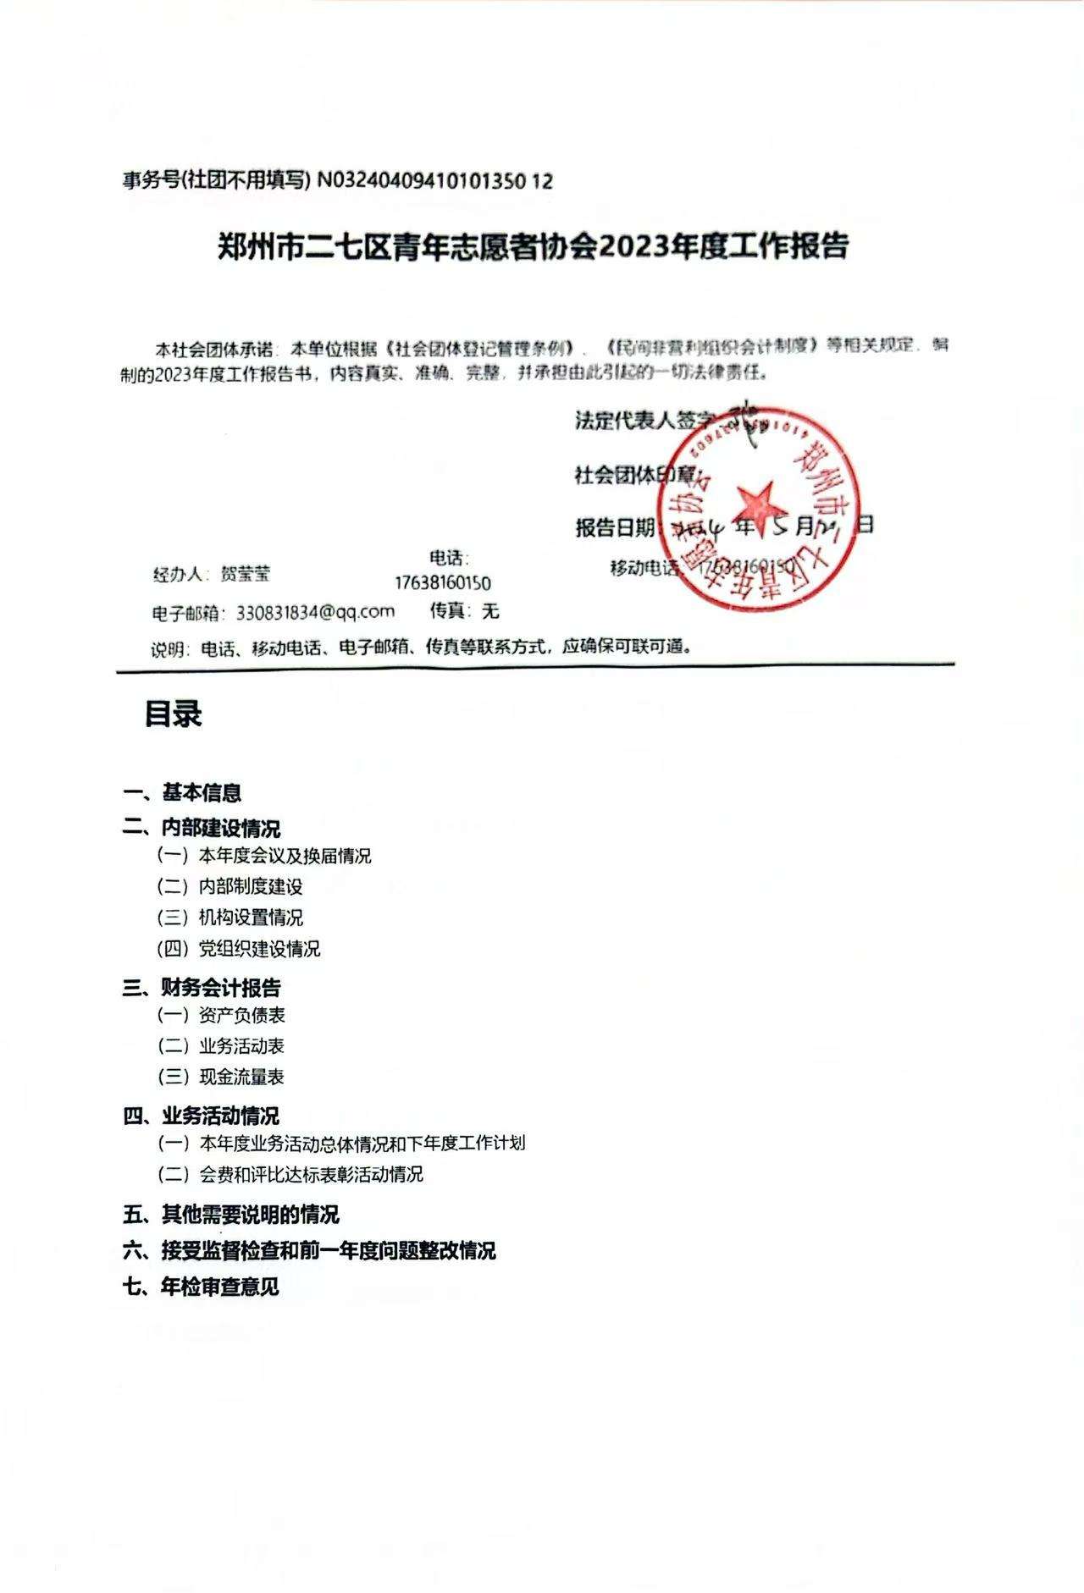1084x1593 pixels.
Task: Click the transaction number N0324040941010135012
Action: point(434,180)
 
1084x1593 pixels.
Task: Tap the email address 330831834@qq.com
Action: point(315,612)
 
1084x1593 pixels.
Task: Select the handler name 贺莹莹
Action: point(245,574)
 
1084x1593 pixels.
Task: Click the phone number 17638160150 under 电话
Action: point(442,583)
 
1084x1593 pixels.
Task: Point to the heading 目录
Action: point(173,714)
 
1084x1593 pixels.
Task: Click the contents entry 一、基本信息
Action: point(182,793)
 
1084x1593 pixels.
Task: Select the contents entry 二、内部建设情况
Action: point(202,827)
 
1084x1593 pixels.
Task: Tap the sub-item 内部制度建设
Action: point(251,887)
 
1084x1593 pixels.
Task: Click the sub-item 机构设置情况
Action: point(251,918)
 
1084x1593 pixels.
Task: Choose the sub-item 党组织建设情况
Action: point(259,949)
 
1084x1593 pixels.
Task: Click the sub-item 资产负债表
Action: point(242,1015)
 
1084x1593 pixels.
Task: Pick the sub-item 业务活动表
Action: point(242,1046)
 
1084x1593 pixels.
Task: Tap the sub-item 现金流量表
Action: point(242,1078)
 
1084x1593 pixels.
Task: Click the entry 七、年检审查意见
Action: point(201,1287)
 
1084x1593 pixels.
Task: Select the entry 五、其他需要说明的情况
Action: point(230,1215)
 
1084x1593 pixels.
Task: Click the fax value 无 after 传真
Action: point(490,611)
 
